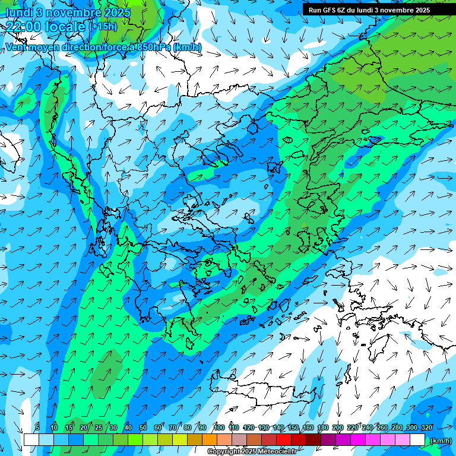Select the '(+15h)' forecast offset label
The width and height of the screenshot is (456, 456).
click(x=103, y=27)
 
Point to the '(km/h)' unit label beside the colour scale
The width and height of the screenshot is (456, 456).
click(x=441, y=441)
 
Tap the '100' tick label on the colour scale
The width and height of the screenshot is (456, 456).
click(x=219, y=427)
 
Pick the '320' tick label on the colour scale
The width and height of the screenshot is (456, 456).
click(x=426, y=427)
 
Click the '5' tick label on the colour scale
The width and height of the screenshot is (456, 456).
click(x=37, y=427)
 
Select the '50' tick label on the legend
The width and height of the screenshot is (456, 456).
click(x=143, y=427)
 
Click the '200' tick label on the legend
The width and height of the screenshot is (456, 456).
click(x=338, y=427)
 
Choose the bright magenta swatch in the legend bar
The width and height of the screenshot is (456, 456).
click(x=358, y=440)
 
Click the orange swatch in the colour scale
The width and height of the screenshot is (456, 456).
click(x=210, y=440)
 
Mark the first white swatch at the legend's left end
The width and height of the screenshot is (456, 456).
click(x=31, y=440)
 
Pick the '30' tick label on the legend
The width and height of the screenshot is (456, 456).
click(x=113, y=427)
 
